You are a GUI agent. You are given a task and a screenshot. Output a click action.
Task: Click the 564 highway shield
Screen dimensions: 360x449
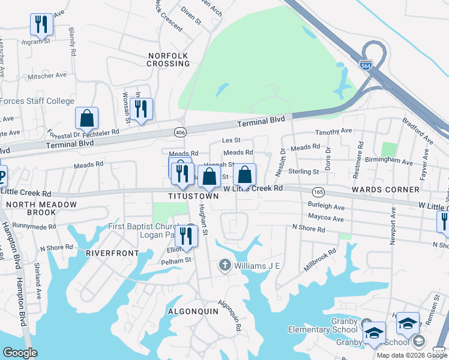[365, 65]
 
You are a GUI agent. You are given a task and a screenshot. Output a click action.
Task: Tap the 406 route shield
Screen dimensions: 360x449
[179, 131]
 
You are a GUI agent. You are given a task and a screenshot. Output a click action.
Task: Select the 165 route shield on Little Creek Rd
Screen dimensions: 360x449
[319, 191]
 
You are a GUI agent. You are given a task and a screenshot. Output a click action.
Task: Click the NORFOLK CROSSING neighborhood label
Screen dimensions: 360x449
[169, 59]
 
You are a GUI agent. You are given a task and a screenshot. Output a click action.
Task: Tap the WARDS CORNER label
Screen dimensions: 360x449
[394, 190]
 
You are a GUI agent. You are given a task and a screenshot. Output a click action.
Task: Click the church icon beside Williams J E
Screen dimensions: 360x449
[224, 265]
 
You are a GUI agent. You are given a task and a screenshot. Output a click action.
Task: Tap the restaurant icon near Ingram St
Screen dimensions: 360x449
[41, 24]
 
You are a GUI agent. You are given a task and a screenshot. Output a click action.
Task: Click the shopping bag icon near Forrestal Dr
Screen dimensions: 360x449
[87, 118]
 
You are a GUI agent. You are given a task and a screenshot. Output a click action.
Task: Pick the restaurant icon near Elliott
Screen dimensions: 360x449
[186, 237]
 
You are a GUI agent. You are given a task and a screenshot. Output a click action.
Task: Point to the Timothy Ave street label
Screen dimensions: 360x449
[334, 131]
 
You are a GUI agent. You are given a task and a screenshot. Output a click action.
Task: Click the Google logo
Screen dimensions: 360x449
[20, 353]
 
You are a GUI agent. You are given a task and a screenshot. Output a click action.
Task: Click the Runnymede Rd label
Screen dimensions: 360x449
[34, 227]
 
